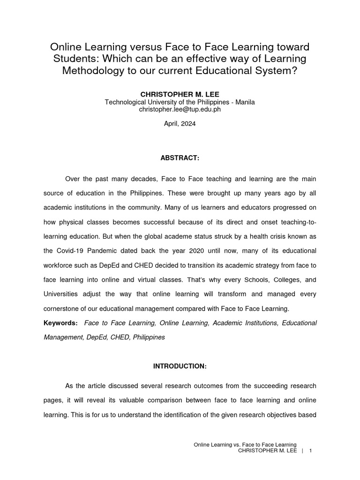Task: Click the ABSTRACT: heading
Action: pos(180,158)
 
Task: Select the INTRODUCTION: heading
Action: pos(180,366)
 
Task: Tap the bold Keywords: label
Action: pos(60,323)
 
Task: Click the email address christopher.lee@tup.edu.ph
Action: pos(180,109)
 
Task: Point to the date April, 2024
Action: pos(180,124)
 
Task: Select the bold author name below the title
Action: pos(180,94)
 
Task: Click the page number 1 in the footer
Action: pos(310,450)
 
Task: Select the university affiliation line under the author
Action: pos(180,102)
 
